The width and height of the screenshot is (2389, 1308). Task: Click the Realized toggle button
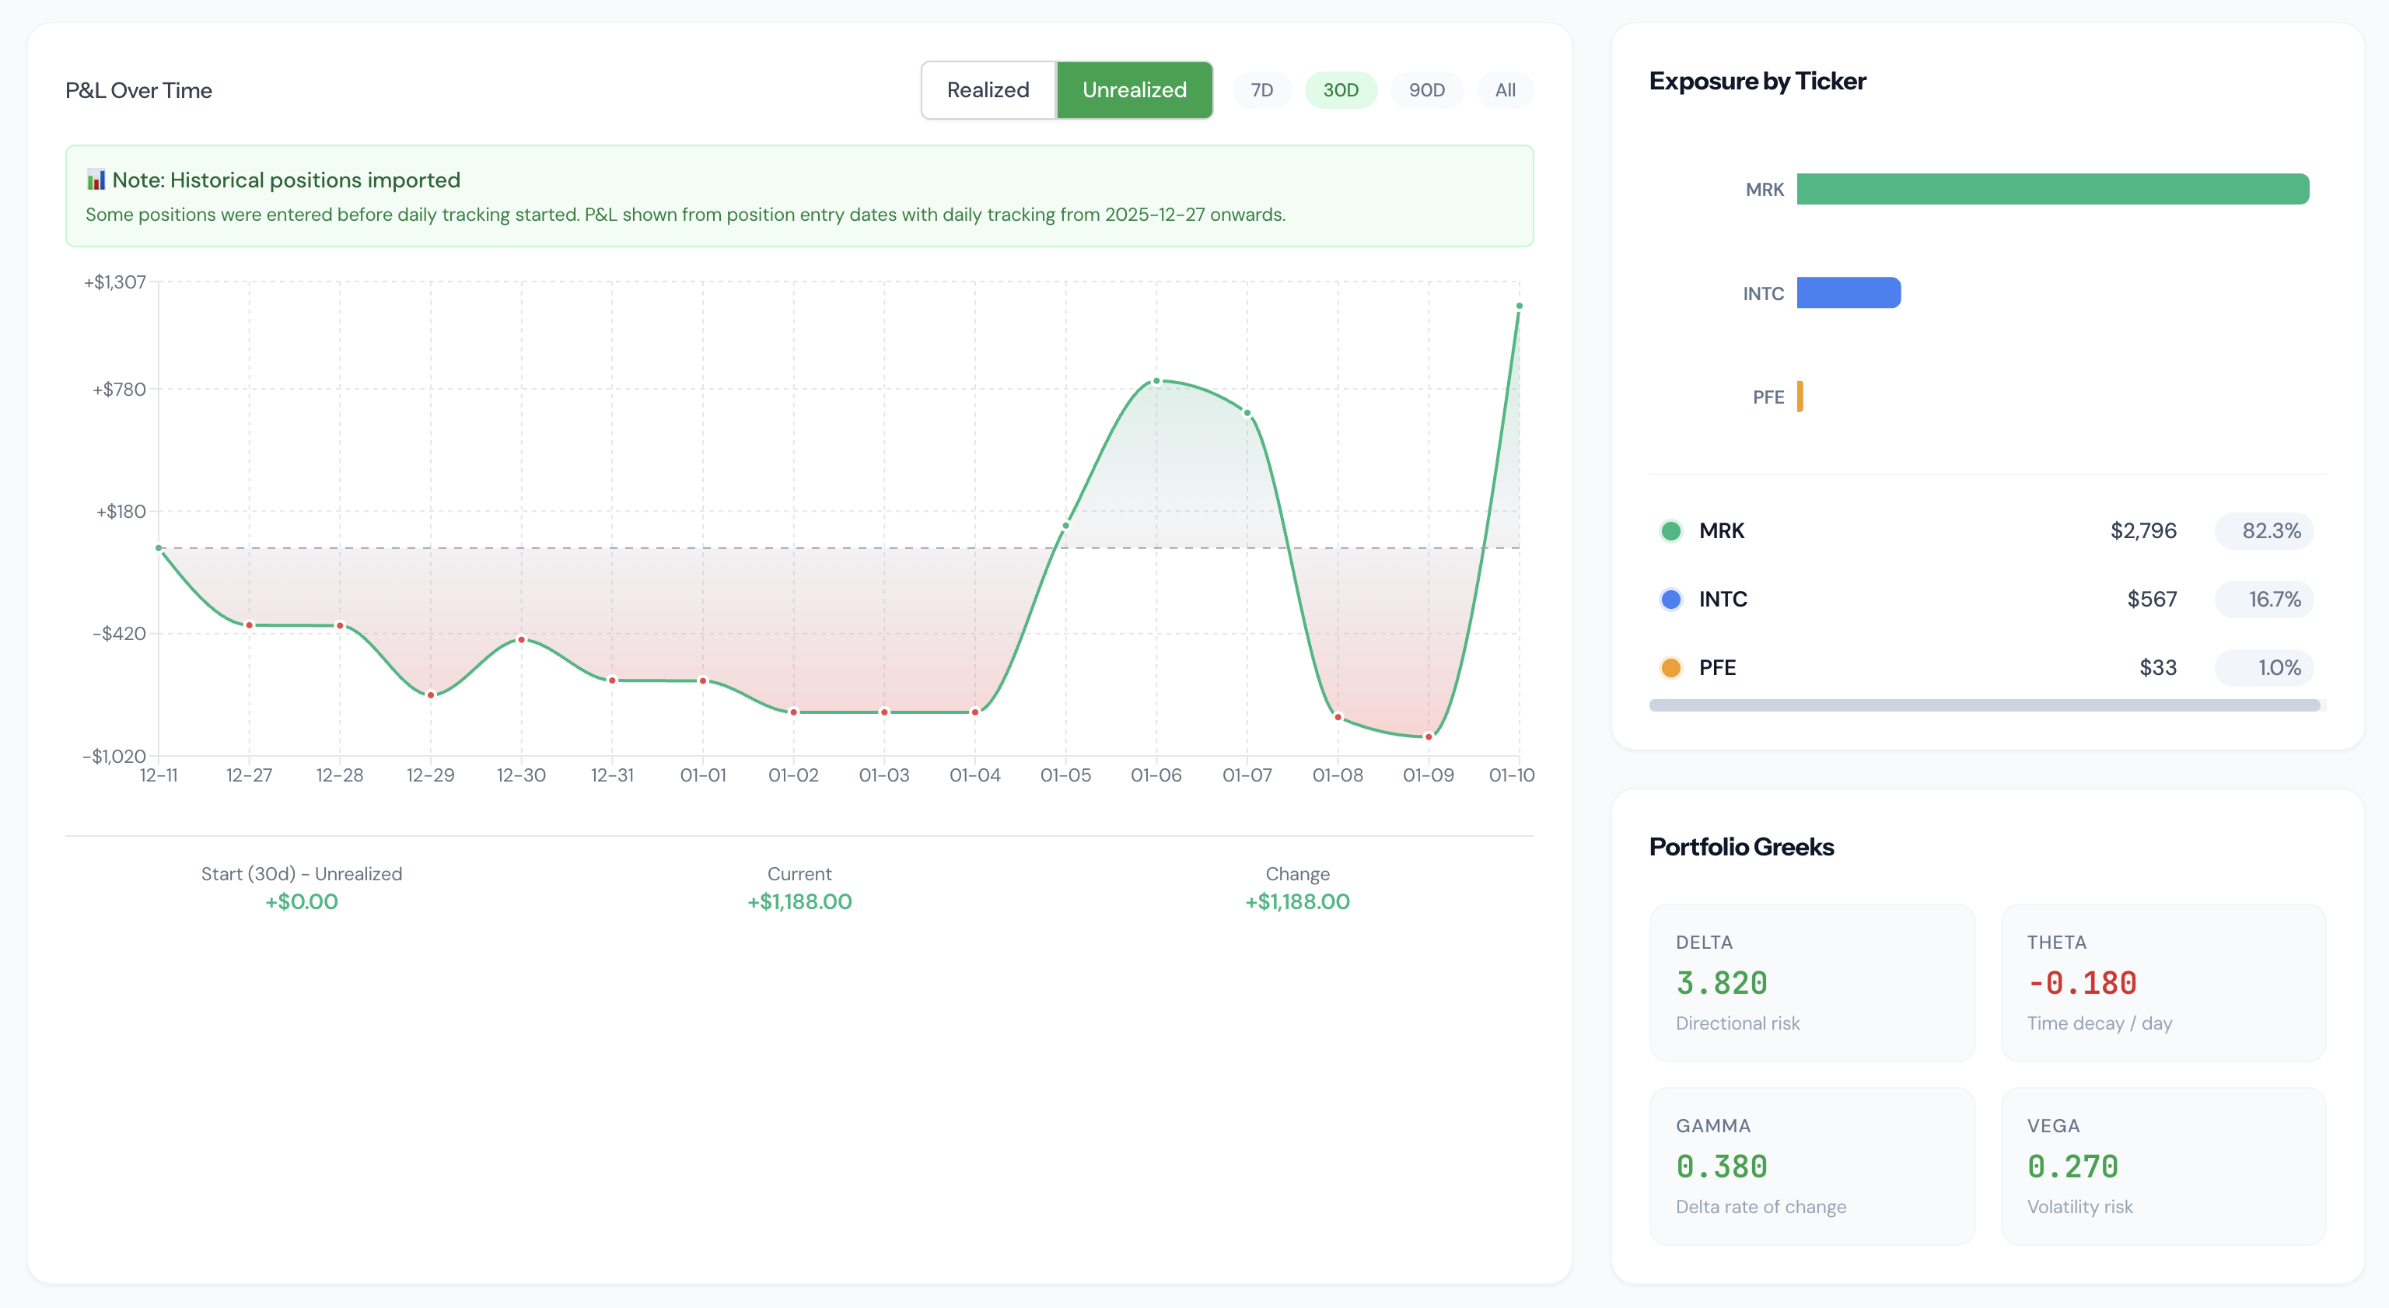pos(988,90)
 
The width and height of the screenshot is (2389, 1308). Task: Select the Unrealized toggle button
pos(1133,90)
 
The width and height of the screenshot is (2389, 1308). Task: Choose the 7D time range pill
pos(1261,90)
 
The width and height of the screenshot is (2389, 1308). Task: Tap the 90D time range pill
pos(1425,90)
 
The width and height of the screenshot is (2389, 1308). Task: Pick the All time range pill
pos(1504,90)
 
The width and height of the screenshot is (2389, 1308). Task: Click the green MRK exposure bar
pos(2051,189)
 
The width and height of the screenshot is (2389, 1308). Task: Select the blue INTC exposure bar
pos(1848,293)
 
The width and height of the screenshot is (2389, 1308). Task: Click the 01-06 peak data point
pos(1156,381)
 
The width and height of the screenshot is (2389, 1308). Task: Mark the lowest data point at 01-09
pos(1429,736)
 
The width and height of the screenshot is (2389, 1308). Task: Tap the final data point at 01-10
pos(1518,306)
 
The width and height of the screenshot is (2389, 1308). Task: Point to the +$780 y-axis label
pos(120,390)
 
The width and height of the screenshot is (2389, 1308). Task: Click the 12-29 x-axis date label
pos(430,775)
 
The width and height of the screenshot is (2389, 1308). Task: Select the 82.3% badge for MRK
pos(2270,530)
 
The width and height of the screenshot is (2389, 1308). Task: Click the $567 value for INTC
pos(2151,600)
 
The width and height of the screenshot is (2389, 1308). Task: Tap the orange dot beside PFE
pos(1670,668)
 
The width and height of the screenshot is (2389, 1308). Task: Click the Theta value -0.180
pos(2082,983)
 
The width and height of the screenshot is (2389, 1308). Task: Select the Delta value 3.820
pos(1721,983)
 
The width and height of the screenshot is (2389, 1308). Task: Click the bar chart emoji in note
pos(96,179)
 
